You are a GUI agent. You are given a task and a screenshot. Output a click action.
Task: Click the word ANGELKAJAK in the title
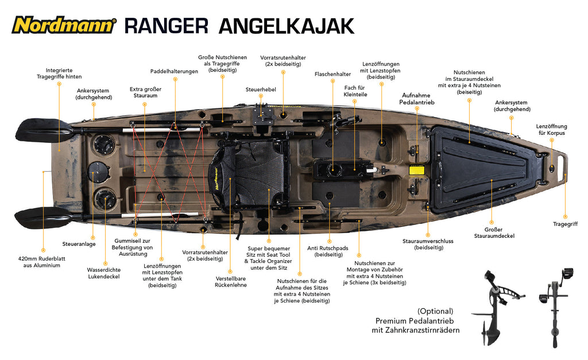pos(287,26)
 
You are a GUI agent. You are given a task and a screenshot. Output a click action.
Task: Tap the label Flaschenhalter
pos(332,74)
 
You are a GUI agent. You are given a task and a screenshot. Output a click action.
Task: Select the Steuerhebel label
pos(261,90)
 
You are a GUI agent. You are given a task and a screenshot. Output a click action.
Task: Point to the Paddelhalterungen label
pos(174,71)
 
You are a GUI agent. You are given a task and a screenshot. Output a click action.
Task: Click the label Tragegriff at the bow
pos(565,224)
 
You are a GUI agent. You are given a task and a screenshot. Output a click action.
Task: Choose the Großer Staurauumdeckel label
pos(494,233)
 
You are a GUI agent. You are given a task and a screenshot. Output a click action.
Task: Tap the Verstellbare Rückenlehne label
pos(231,281)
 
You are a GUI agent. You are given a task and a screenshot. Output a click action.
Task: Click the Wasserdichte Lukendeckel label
pos(104,273)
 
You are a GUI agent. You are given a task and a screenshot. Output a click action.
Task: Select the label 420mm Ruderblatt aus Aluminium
pos(41,262)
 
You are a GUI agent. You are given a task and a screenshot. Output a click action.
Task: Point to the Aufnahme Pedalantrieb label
pos(417,99)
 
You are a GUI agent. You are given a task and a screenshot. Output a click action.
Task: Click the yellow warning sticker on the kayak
pos(416,171)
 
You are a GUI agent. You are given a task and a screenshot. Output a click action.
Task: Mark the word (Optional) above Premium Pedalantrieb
pos(435,311)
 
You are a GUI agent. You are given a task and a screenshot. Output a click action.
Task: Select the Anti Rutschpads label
pos(328,251)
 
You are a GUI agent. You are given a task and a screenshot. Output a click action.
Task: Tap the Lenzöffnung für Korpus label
pos(551,130)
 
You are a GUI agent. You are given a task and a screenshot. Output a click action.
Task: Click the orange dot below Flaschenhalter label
pos(332,80)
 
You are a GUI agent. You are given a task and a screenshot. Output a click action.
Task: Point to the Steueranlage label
pos(79,244)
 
